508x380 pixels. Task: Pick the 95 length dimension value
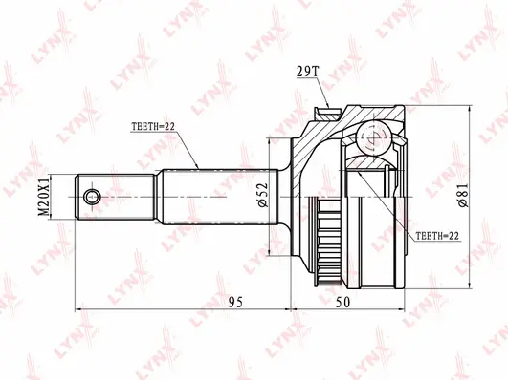pos(236,303)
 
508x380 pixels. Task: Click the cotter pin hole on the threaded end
pos(92,197)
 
